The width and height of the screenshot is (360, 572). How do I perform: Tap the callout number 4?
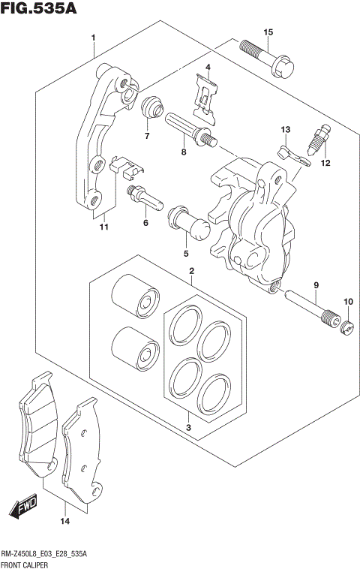click(208, 68)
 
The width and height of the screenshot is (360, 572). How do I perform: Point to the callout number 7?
click(147, 136)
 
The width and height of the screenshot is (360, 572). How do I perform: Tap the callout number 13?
click(285, 130)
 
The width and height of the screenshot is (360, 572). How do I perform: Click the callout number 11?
click(104, 227)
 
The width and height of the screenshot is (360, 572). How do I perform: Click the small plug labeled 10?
click(346, 327)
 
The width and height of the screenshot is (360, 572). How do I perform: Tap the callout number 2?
click(192, 271)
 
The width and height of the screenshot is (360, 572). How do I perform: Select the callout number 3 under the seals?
click(189, 429)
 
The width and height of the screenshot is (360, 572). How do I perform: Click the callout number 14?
click(64, 521)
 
